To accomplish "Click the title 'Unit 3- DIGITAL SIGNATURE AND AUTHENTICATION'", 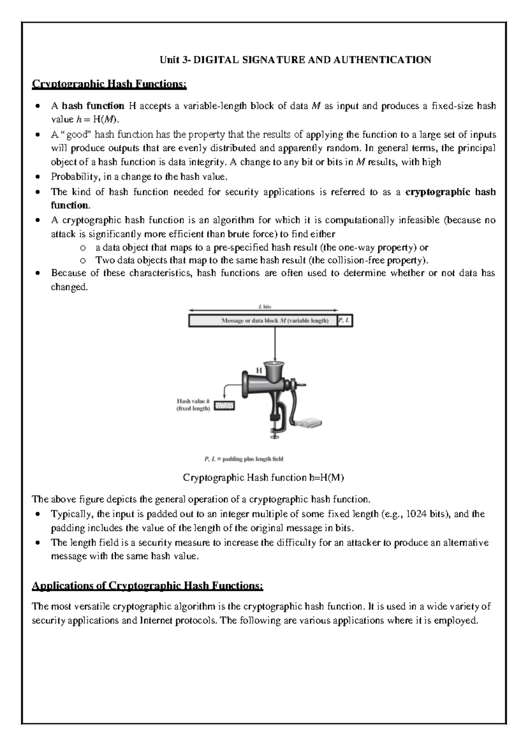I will [295, 60].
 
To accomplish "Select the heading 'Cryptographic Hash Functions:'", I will [110, 84].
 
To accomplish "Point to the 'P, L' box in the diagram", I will [345, 321].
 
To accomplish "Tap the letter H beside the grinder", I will [259, 370].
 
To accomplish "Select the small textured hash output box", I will [224, 406].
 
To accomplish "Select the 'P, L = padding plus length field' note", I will [244, 459].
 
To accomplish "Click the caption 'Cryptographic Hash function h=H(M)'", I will [263, 478].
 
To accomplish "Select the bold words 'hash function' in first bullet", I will [93, 106].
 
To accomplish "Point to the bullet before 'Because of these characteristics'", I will [39, 273].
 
